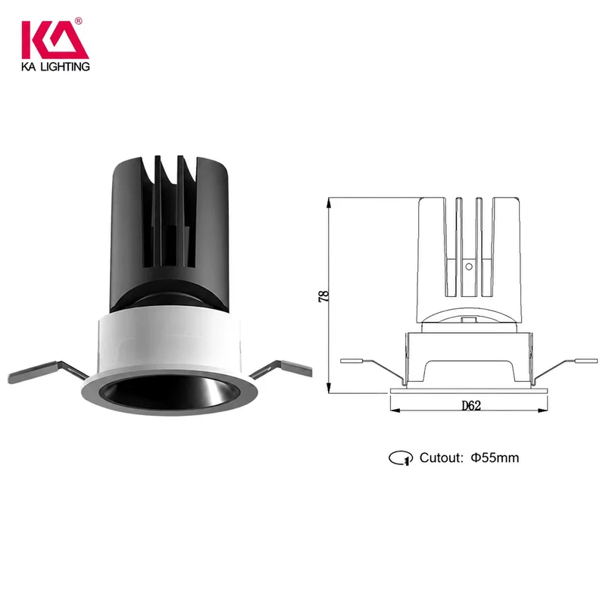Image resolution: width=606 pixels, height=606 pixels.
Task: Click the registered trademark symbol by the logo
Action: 79,21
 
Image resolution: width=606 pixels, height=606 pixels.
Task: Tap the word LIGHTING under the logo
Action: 65,67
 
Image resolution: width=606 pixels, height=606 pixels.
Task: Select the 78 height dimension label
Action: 323,296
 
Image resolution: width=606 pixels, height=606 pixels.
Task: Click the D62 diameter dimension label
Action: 471,405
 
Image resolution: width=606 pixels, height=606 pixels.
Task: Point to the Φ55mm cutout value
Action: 495,458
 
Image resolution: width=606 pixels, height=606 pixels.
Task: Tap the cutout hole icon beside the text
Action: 401,458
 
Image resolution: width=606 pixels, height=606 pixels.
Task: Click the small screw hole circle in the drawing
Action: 469,267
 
